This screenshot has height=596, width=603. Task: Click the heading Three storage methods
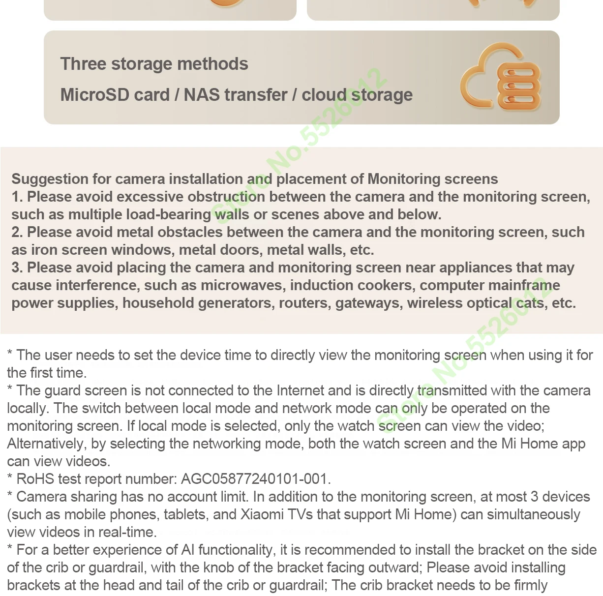154,64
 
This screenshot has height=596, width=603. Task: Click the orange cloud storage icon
500,78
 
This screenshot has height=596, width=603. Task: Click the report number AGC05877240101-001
255,479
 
